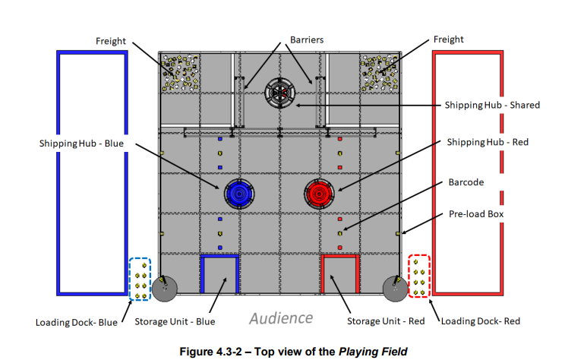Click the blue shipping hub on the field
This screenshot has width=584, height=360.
tap(238, 194)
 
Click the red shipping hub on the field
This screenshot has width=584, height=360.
tap(319, 194)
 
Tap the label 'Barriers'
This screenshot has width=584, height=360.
tap(307, 39)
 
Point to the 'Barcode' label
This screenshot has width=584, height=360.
tap(466, 182)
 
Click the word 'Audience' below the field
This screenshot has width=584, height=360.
tap(280, 317)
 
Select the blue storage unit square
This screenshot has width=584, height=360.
tap(219, 274)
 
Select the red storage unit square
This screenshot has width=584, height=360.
tap(339, 274)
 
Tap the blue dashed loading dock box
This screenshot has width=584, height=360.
tap(140, 279)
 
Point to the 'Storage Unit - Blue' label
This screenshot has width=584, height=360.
tap(175, 321)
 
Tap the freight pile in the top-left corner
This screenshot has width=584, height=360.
tap(178, 71)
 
